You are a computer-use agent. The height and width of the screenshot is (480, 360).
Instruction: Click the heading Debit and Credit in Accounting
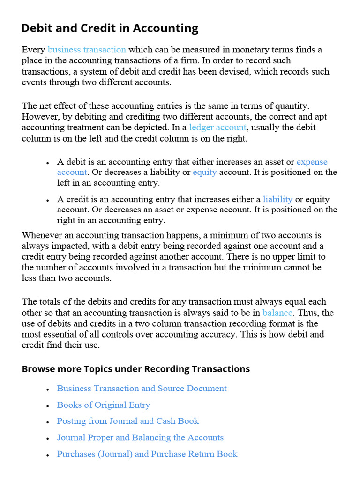110,29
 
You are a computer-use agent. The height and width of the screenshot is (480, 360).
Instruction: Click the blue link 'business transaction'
87,50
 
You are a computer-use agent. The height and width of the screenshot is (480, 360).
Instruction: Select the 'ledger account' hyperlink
217,127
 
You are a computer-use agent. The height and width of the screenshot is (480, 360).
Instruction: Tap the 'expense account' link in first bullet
312,162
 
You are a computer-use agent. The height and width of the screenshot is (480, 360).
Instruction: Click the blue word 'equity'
204,172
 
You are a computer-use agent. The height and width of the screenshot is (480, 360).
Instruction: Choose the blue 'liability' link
277,199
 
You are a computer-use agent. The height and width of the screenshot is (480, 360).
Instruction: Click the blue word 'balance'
277,313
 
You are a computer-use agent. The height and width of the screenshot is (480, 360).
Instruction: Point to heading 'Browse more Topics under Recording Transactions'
135,369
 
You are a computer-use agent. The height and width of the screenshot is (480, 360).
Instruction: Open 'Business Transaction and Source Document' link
142,389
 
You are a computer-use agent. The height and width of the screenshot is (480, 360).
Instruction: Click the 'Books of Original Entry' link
103,405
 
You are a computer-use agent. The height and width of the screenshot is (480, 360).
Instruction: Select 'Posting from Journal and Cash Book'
127,421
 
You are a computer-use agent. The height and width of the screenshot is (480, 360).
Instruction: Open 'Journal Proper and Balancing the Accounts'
140,437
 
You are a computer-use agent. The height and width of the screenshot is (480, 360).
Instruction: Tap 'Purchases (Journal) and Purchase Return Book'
147,454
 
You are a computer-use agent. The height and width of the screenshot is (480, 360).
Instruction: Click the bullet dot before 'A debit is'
48,163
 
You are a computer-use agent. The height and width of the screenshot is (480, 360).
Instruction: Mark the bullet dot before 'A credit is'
48,200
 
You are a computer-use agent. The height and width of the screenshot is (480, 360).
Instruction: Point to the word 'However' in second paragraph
38,117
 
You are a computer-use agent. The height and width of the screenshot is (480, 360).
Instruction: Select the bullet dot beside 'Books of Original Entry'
48,406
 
